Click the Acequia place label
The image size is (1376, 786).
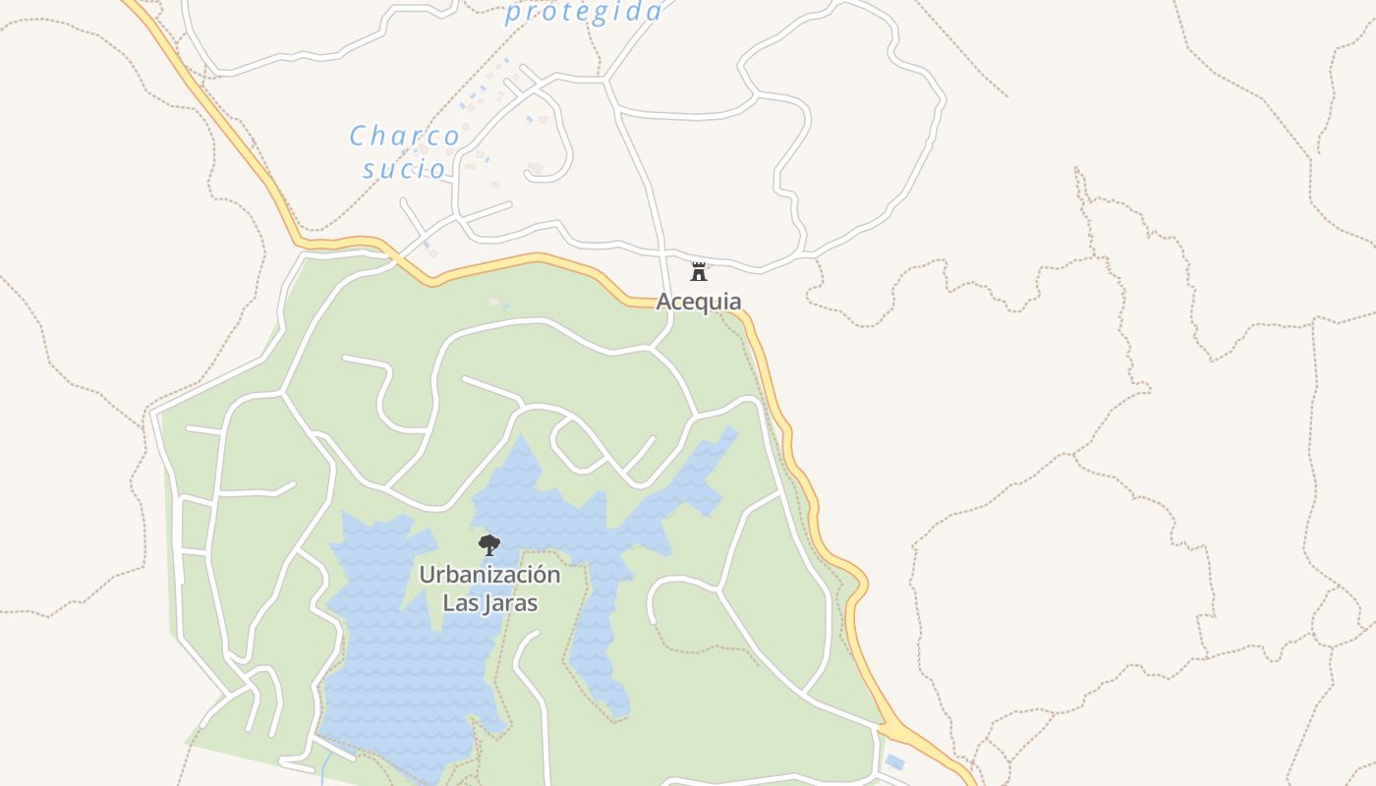699,302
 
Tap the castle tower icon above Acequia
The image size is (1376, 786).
699,272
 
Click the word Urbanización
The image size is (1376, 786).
489,575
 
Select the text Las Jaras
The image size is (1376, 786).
489,602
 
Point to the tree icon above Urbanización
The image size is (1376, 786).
488,545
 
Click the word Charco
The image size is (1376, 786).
404,137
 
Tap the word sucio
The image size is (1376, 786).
404,169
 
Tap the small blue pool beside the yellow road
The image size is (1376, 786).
894,762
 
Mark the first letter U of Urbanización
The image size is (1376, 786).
427,575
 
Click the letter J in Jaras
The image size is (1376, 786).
485,602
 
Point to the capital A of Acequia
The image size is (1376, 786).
664,302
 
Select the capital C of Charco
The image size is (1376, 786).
358,137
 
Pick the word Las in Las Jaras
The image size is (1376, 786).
458,602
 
